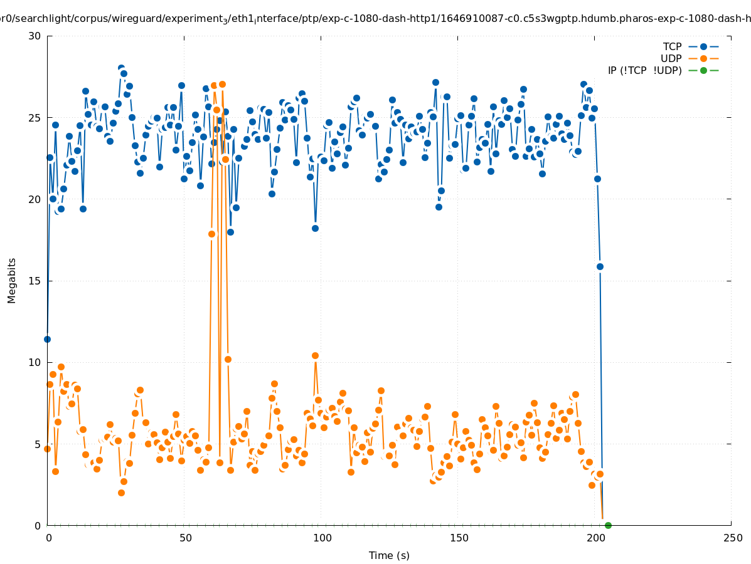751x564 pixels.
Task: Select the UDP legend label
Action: click(x=671, y=58)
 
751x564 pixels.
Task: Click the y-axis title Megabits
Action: click(x=12, y=280)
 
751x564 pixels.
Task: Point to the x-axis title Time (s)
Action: click(x=389, y=555)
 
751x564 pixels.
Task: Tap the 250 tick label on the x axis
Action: click(x=732, y=538)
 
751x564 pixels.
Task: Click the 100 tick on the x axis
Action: click(x=321, y=538)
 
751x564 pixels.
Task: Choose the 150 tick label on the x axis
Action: click(x=458, y=538)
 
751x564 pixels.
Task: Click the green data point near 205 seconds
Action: click(x=608, y=525)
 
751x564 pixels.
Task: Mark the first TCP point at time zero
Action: click(x=47, y=339)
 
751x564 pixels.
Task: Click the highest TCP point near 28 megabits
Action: click(x=121, y=68)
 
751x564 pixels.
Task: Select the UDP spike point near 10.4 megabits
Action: click(x=315, y=355)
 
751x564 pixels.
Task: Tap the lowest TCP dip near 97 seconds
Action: click(x=315, y=228)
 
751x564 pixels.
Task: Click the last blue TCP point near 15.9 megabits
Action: click(x=600, y=266)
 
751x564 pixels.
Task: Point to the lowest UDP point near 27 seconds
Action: click(x=121, y=493)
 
